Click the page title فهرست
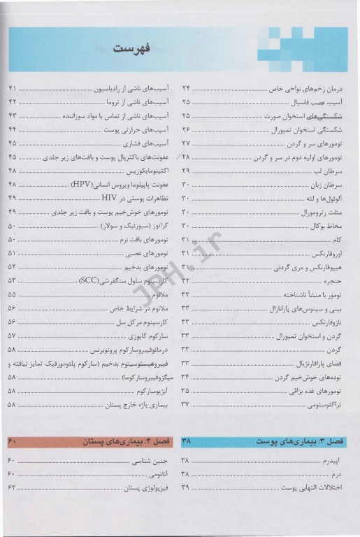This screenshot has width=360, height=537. (x=134, y=50)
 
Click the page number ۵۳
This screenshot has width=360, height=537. (x=13, y=280)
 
